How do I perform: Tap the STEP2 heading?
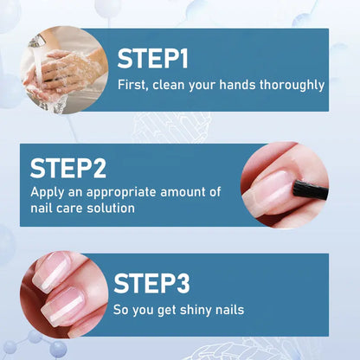click(x=74, y=168)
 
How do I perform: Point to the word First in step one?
click(x=132, y=85)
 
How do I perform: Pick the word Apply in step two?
click(x=47, y=192)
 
